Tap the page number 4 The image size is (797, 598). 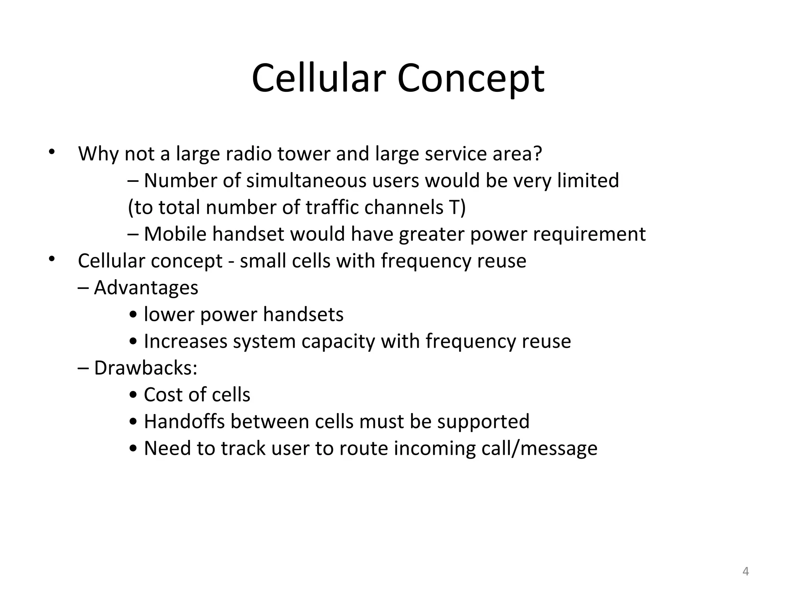[746, 571]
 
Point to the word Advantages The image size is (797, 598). [146, 288]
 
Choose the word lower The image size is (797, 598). [169, 315]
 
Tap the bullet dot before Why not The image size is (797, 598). [51, 152]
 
